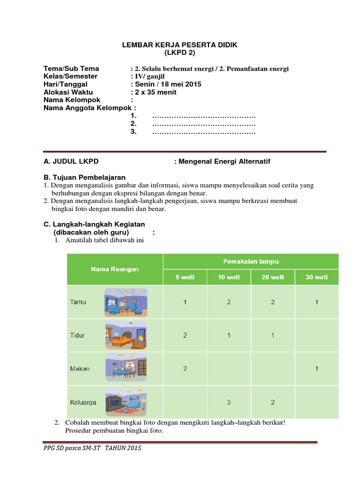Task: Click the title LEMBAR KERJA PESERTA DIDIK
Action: pos(180,45)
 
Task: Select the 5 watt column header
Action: pos(185,277)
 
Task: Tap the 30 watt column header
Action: pos(316,277)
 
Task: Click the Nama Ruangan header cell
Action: pos(115,269)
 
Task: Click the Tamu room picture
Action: pos(126,302)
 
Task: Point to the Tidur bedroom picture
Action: pos(126,336)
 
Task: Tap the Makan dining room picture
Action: pos(126,368)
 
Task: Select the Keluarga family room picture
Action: pos(126,402)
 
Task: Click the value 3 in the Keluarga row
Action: pos(229,402)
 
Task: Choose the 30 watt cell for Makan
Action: pos(316,369)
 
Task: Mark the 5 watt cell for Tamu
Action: pos(185,302)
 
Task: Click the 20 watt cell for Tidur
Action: pos(273,336)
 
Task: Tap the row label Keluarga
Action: pos(83,402)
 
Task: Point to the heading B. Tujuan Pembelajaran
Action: pos(84,177)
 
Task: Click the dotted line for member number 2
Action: pos(203,124)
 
